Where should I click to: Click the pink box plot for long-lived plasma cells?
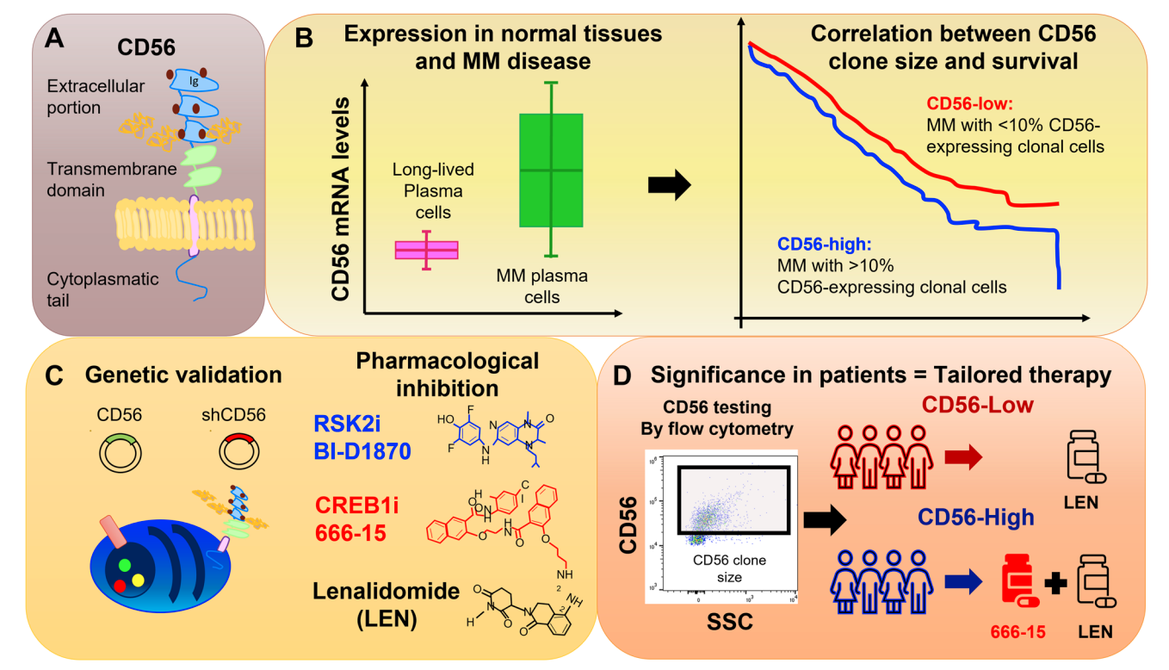pyautogui.click(x=426, y=250)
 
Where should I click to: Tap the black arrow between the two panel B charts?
pyautogui.click(x=670, y=183)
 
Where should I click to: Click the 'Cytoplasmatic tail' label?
pyautogui.click(x=91, y=289)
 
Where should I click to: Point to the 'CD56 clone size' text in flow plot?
pyautogui.click(x=730, y=568)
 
